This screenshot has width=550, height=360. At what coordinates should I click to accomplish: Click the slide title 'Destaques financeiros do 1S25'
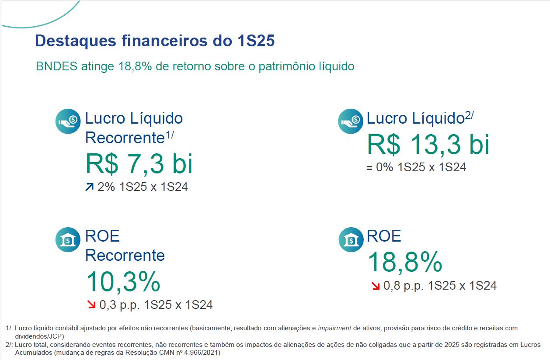[154, 41]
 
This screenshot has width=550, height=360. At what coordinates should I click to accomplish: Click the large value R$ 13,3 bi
[428, 144]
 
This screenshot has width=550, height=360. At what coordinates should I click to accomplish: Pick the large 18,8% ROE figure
[405, 262]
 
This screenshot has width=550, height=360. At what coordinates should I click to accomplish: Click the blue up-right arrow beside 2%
[90, 187]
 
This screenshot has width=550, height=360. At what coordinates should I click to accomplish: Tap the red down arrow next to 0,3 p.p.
[92, 305]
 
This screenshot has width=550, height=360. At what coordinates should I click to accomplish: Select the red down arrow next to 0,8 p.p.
[376, 286]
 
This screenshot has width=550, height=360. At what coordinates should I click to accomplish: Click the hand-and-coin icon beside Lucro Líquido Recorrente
[68, 121]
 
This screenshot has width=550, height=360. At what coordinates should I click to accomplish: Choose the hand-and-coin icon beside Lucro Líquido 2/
[350, 121]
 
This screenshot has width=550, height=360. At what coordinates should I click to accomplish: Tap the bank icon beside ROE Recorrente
[68, 240]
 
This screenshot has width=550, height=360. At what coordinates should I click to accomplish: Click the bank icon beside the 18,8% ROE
[350, 240]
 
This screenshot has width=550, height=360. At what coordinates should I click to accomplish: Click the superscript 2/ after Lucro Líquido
[469, 115]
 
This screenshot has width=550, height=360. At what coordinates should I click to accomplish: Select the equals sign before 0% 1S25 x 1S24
[369, 167]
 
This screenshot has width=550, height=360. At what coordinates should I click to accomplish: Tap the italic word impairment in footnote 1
[334, 328]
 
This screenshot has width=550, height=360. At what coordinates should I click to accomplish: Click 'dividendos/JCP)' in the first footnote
[39, 336]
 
